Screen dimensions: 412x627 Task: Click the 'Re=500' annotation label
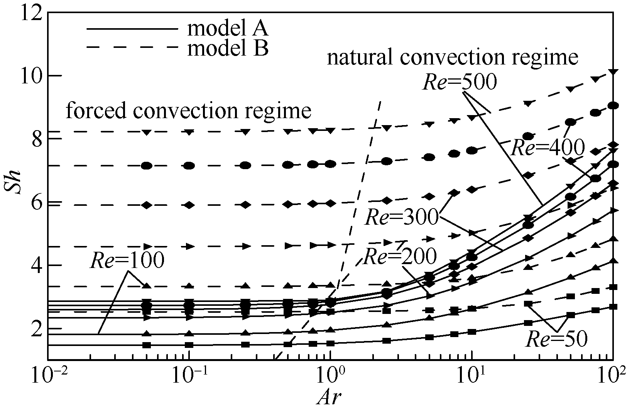tap(459, 82)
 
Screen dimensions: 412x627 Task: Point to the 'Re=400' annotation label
tap(548, 148)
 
